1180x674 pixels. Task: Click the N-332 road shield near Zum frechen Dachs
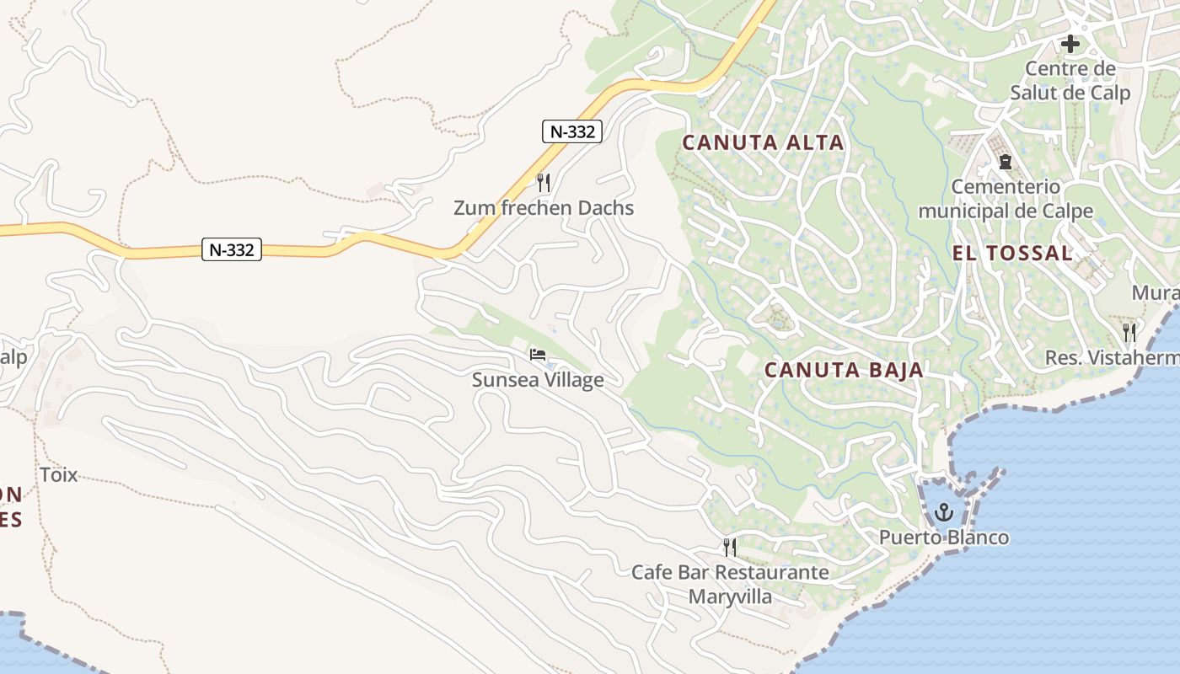point(571,131)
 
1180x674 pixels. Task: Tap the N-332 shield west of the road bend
point(232,249)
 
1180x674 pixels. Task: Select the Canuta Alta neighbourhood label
point(763,142)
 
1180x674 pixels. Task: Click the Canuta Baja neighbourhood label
point(844,369)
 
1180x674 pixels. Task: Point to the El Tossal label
point(1012,253)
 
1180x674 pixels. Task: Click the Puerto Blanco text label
point(944,538)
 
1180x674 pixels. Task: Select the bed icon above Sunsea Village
point(538,355)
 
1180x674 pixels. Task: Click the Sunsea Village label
point(538,380)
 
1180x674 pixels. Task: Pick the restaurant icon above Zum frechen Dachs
point(544,182)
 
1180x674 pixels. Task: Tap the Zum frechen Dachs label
point(544,207)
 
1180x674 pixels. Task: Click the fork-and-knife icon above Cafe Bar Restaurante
point(730,548)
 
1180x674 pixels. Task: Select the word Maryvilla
point(730,597)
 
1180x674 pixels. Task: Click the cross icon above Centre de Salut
point(1070,43)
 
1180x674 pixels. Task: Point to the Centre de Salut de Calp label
point(1070,80)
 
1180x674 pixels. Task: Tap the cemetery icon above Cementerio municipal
point(1005,161)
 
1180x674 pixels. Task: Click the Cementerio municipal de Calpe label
point(1005,198)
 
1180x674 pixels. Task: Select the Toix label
point(59,474)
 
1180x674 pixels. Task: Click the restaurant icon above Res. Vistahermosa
point(1129,333)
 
